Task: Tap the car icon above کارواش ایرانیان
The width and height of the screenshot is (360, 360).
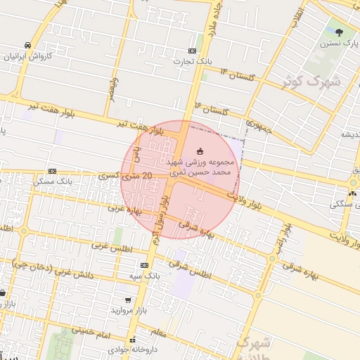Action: coord(27,44)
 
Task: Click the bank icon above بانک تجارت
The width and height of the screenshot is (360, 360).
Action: coord(193,51)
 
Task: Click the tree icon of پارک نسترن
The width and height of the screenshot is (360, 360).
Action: coord(340,32)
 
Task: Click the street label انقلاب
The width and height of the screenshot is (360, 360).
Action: coord(299,15)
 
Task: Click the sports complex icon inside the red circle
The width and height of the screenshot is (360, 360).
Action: coord(199,150)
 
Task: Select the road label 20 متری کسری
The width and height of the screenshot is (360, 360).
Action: coord(127,175)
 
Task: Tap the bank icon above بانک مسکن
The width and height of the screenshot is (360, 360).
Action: coord(52,171)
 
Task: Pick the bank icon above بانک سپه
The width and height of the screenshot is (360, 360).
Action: coord(144,265)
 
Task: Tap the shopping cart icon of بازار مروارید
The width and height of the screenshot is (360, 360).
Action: coord(127,300)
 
